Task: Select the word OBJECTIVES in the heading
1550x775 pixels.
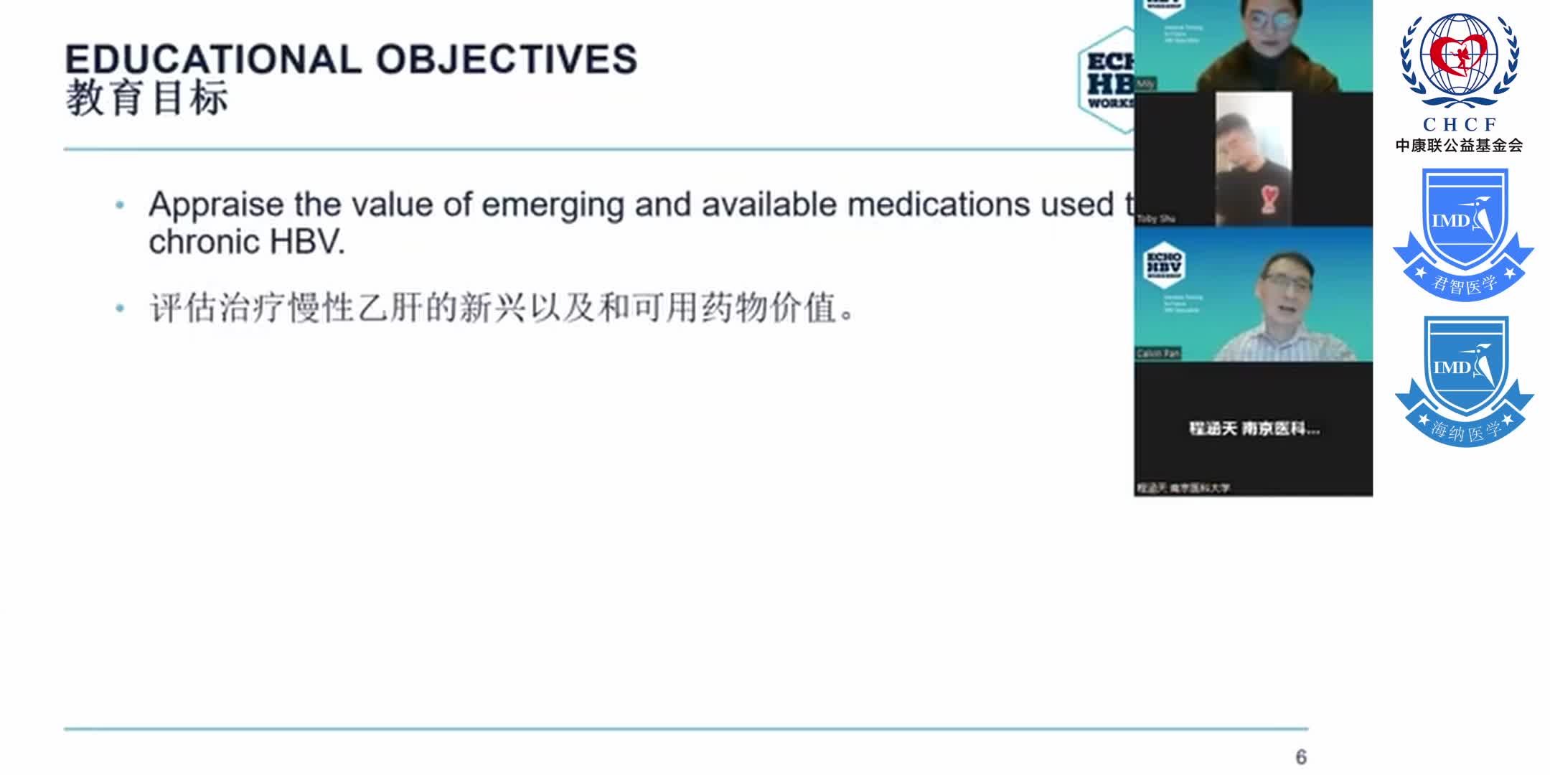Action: [507, 59]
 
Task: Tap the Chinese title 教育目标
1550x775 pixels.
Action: [147, 98]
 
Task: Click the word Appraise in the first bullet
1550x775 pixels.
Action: [216, 205]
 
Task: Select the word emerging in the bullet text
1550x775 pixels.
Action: [553, 205]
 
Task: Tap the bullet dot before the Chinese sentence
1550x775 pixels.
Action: [120, 309]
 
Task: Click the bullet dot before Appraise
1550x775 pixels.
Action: [120, 206]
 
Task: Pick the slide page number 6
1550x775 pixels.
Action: [1300, 757]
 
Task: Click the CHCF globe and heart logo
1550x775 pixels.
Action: [1459, 61]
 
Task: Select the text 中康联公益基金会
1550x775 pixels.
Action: [1459, 146]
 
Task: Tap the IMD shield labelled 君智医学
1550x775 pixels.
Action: [1463, 233]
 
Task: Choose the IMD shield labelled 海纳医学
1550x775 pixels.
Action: [1464, 380]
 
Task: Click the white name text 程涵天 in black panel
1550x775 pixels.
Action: [1213, 429]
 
